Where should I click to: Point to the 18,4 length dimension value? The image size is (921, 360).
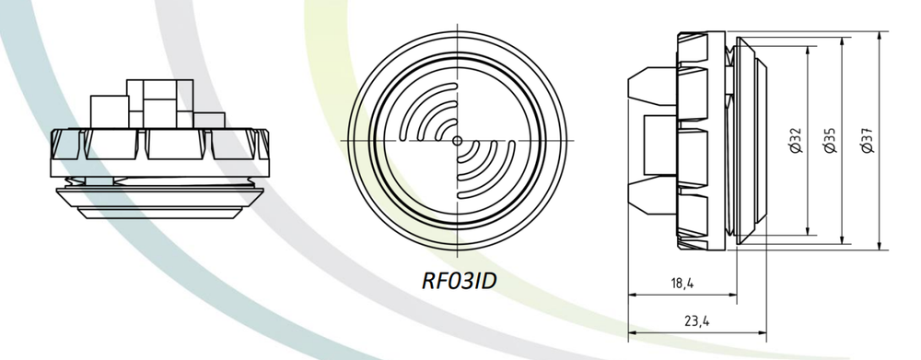click(682, 284)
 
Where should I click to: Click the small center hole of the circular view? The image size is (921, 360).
click(458, 140)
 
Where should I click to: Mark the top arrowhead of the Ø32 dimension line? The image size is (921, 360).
click(809, 51)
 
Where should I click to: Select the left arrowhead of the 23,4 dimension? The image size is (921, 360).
click(632, 331)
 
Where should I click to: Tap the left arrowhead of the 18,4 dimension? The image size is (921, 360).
click(632, 295)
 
